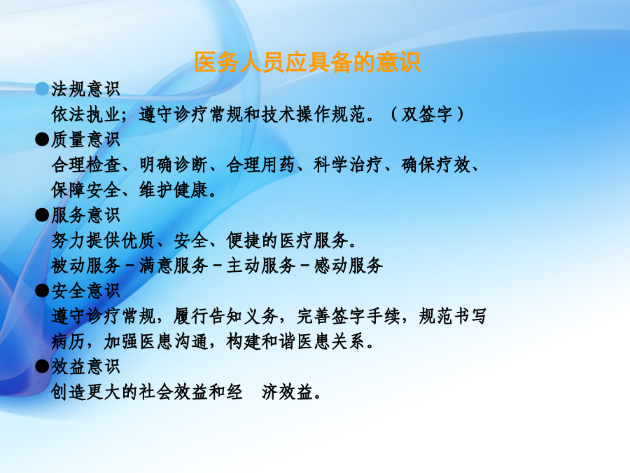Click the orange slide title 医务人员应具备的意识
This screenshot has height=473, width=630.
click(x=307, y=62)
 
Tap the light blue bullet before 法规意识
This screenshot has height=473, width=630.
click(x=42, y=89)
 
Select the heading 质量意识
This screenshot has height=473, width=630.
click(x=85, y=139)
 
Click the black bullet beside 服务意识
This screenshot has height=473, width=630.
click(x=42, y=215)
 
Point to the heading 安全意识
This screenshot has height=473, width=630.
click(x=85, y=290)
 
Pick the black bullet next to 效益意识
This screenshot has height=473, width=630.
click(x=42, y=366)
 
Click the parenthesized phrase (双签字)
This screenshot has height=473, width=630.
click(x=427, y=114)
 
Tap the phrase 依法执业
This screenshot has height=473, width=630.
click(x=85, y=114)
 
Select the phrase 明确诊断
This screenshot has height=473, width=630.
click(x=174, y=165)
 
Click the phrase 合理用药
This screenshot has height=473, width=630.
click(x=261, y=165)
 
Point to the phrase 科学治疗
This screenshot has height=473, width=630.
click(x=348, y=165)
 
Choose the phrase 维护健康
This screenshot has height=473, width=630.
click(x=174, y=190)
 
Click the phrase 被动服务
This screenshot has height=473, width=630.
click(x=85, y=266)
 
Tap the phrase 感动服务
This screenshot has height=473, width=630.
click(x=349, y=266)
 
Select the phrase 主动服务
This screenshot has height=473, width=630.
click(x=261, y=266)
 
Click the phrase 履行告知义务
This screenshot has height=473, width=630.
click(x=225, y=316)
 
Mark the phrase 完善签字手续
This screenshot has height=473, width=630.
click(x=349, y=316)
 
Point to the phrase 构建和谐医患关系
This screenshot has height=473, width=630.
click(x=295, y=341)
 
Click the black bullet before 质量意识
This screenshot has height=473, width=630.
click(x=42, y=139)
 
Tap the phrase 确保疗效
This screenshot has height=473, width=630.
click(x=435, y=165)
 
